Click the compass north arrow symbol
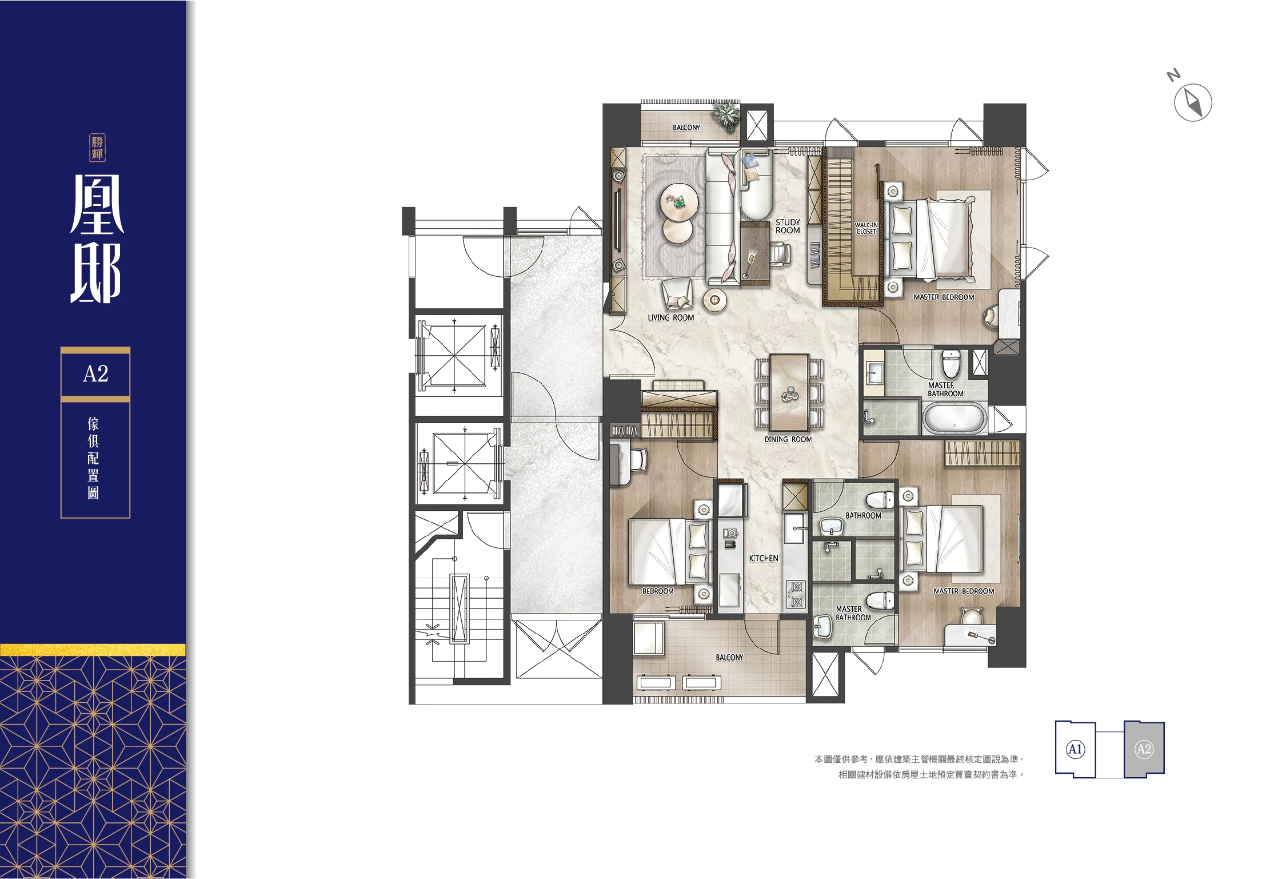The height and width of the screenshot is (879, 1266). (x=1192, y=102)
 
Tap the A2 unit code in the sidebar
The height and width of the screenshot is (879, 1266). (x=95, y=374)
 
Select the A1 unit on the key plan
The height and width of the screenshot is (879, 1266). (x=1075, y=749)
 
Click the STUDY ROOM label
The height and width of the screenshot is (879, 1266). (x=788, y=226)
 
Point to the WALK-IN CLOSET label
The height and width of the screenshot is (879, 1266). (x=866, y=228)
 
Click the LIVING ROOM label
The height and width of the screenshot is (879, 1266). (x=670, y=317)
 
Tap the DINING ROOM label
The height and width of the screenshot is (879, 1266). (x=788, y=439)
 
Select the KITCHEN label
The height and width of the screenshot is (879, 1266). (x=764, y=558)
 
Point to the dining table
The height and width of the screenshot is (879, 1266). (x=789, y=392)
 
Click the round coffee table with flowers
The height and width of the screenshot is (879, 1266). (x=679, y=202)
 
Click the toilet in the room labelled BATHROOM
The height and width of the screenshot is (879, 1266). (x=881, y=500)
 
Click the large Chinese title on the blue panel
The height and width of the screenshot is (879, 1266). (x=96, y=238)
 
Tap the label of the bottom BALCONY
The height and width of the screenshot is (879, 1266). (x=729, y=658)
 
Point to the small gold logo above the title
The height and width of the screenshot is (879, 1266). (x=97, y=148)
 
